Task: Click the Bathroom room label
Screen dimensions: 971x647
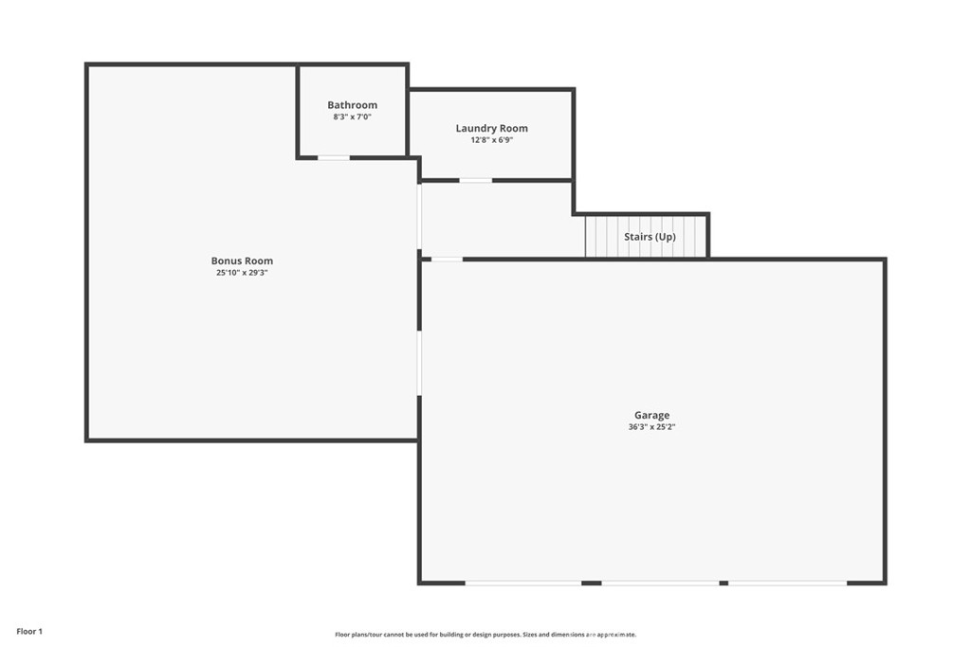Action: pos(353,105)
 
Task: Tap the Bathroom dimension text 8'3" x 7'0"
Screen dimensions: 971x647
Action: pos(353,117)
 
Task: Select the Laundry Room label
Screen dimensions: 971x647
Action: pos(492,129)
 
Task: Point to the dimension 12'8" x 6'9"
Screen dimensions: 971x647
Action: pos(492,140)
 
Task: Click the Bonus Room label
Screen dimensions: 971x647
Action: pos(242,261)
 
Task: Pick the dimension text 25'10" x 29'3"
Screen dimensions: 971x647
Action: pos(242,273)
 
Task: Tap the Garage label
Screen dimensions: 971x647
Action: pos(651,416)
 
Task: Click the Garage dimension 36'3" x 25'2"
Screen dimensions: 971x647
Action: pos(651,427)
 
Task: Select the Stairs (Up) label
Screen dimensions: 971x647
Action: pos(650,237)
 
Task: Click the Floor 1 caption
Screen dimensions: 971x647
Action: pos(29,632)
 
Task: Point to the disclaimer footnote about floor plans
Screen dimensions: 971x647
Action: pos(485,635)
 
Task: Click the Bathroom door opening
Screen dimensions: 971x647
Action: pos(334,158)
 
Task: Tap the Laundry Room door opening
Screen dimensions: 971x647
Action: pos(476,181)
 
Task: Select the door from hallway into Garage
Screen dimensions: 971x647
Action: pos(448,260)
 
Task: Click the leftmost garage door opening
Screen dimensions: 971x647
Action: pos(523,583)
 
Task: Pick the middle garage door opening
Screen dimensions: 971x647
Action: pos(661,583)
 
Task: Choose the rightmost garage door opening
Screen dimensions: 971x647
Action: pos(788,583)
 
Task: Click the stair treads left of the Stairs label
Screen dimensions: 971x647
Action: pos(604,236)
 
